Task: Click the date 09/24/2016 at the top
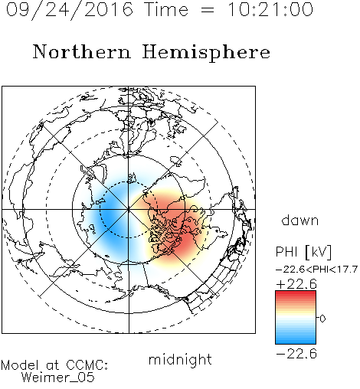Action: (70, 10)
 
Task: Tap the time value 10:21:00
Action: (270, 10)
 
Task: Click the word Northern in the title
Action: (82, 51)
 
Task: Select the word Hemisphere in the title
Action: (206, 53)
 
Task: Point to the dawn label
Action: (300, 221)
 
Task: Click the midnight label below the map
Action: (180, 361)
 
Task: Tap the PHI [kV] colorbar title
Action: (303, 252)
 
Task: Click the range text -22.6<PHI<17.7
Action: (316, 270)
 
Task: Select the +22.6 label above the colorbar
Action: (296, 284)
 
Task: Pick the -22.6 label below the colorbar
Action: (296, 354)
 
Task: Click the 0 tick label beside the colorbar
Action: (322, 319)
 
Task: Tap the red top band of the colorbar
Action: (296, 294)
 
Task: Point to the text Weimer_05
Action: (58, 378)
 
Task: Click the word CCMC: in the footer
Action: (87, 365)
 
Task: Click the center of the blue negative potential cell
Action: (113, 216)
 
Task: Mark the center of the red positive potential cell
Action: (176, 224)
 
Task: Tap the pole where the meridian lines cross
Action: (129, 209)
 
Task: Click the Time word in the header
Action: (166, 10)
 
